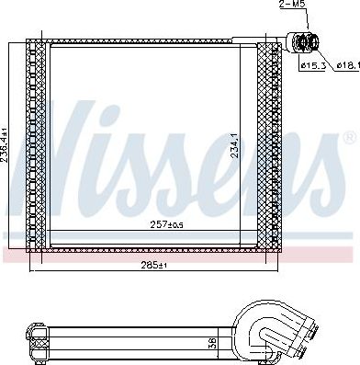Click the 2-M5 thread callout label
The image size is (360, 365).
pyautogui.click(x=293, y=5)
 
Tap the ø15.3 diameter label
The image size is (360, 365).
pyautogui.click(x=312, y=66)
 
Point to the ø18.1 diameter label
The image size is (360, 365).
pyautogui.click(x=348, y=65)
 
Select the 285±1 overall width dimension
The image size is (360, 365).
pyautogui.click(x=153, y=265)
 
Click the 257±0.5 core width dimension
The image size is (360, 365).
pyautogui.click(x=166, y=225)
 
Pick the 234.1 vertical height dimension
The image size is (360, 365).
pyautogui.click(x=234, y=145)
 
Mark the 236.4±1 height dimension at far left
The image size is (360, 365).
pyautogui.click(x=5, y=147)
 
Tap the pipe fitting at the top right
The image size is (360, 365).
pyautogui.click(x=303, y=42)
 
